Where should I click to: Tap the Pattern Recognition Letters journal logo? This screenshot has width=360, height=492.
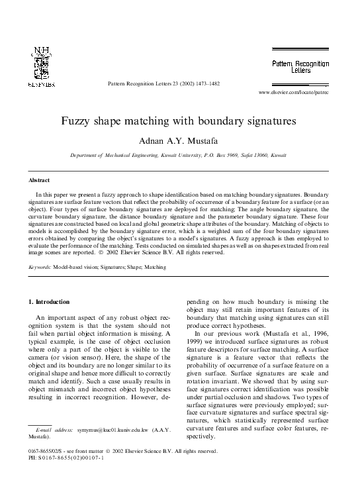[299, 66]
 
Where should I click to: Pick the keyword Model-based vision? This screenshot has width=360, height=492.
[83, 267]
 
